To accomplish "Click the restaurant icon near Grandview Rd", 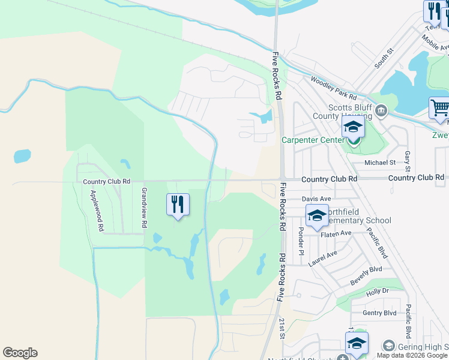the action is (178, 204).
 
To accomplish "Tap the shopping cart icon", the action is (440, 109).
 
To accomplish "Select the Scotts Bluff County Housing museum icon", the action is (381, 110).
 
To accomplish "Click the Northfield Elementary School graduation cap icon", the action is (316, 215).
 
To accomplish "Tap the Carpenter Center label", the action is (311, 140).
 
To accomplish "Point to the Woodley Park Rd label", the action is (333, 88).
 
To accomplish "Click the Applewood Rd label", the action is (97, 211).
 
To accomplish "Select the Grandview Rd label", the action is (144, 208).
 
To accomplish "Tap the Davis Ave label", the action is (316, 199).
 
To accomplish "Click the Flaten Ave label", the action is (338, 233).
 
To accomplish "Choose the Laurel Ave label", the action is (324, 258).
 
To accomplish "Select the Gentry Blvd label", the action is (380, 313).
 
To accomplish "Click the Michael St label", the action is (380, 162).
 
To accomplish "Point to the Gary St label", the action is (408, 160).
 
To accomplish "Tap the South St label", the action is (383, 58).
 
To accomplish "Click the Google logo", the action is (20, 353).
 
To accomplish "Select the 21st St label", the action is (282, 328).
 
